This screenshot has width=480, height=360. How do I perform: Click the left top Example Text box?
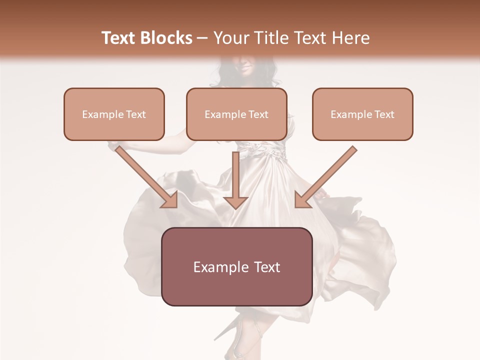pyautogui.click(x=114, y=114)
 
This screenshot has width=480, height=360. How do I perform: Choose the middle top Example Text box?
pyautogui.click(x=236, y=114)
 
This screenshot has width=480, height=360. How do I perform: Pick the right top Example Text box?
pyautogui.click(x=362, y=114)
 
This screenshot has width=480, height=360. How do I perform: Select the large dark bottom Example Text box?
pyautogui.click(x=236, y=266)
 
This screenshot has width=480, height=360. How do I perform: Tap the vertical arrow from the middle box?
pyautogui.click(x=235, y=175)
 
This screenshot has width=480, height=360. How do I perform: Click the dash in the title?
pyautogui.click(x=202, y=38)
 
